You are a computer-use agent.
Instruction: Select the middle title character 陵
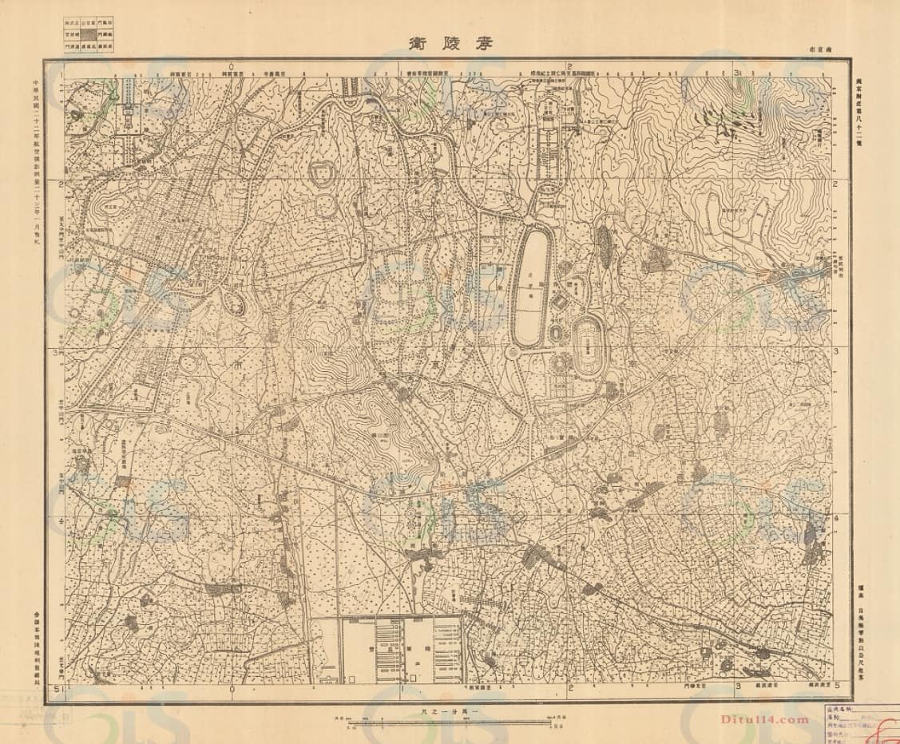click(x=450, y=43)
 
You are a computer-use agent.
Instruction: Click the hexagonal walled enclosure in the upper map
click(x=324, y=174)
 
